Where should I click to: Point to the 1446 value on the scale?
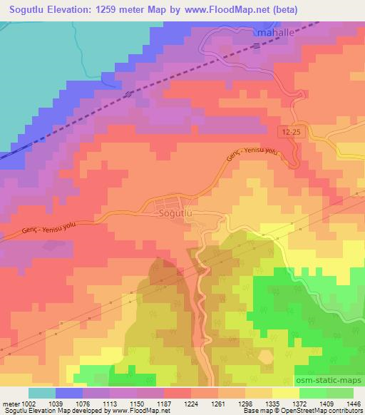(354, 403)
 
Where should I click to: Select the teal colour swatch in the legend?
(41, 393)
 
